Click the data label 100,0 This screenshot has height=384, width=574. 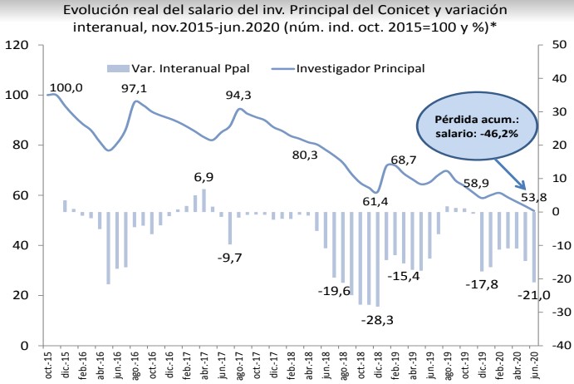click(x=66, y=87)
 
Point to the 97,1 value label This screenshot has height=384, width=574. click(x=135, y=88)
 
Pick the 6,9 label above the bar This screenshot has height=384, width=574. click(x=204, y=177)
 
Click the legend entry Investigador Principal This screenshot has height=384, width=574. click(x=361, y=67)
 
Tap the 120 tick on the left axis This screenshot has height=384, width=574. click(x=18, y=45)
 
